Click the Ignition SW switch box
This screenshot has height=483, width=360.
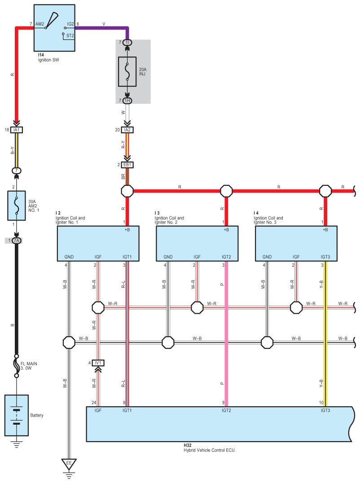tap(54, 28)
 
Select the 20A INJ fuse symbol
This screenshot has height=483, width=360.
tap(127, 71)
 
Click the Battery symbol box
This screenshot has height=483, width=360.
tap(17, 415)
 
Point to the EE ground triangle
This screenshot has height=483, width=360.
tap(69, 463)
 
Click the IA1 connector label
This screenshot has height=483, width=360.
tap(17, 130)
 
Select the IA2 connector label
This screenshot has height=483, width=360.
tap(127, 130)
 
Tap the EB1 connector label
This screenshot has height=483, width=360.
tap(127, 165)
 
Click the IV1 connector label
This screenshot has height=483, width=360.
tap(98, 363)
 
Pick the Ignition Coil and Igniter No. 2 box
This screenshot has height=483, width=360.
tap(197, 243)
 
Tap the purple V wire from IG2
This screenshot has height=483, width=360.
tap(103, 28)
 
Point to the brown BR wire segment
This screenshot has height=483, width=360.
tap(127, 177)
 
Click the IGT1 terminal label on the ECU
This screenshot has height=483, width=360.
tap(127, 410)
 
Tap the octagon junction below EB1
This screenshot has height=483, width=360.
tap(127, 191)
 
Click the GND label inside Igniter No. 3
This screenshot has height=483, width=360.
tap(268, 257)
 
